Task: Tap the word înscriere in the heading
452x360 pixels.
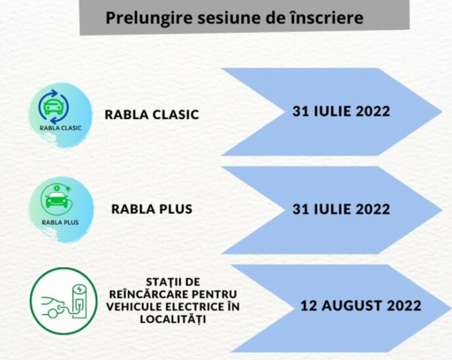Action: pyautogui.click(x=326, y=17)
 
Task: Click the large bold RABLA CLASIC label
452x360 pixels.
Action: pyautogui.click(x=151, y=115)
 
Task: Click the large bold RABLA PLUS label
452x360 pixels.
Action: pyautogui.click(x=151, y=209)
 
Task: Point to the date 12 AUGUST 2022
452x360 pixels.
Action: pyautogui.click(x=361, y=306)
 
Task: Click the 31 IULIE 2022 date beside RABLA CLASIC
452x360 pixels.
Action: pyautogui.click(x=341, y=111)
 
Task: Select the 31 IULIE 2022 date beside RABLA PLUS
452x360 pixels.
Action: pyautogui.click(x=341, y=209)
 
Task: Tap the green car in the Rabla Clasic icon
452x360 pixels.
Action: pyautogui.click(x=53, y=107)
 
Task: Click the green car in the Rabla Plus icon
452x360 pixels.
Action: pyautogui.click(x=57, y=199)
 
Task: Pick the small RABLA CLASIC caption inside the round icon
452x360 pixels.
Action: pyautogui.click(x=60, y=128)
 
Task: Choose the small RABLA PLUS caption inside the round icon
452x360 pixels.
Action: pyautogui.click(x=60, y=223)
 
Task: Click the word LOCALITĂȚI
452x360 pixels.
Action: pyautogui.click(x=173, y=319)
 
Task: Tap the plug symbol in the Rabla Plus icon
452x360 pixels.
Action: pyautogui.click(x=69, y=189)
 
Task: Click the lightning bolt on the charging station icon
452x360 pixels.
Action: pyautogui.click(x=79, y=288)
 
